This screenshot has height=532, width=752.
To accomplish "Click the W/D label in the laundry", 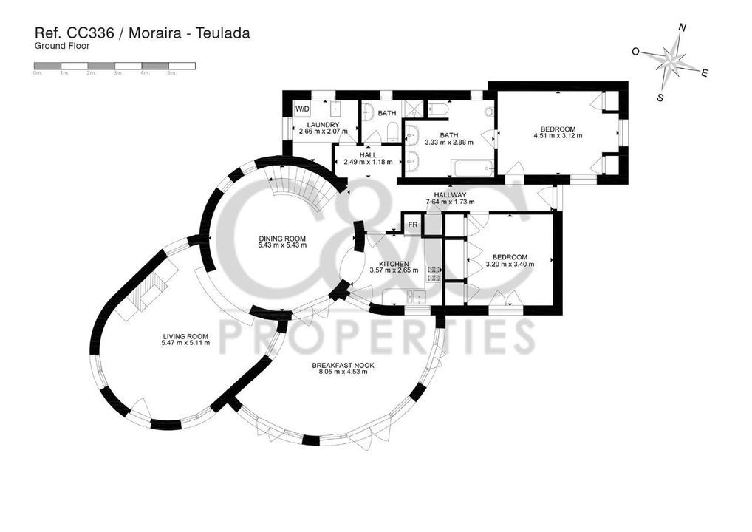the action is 301,109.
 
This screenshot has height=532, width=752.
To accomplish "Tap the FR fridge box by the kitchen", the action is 412,225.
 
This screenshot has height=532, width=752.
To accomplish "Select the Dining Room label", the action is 282,239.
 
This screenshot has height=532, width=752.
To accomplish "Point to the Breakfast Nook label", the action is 343,366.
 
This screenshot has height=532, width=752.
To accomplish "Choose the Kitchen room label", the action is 394,264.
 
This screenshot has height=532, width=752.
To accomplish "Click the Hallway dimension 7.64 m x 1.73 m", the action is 450,202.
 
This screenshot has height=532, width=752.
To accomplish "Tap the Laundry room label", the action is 323,125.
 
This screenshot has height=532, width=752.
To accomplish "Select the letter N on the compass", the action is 682,28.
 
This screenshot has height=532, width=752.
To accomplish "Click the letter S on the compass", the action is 660,98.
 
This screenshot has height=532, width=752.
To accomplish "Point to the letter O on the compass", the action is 635,52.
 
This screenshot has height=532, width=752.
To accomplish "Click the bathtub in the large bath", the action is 472,168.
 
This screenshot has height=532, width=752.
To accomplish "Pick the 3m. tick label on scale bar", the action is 118,73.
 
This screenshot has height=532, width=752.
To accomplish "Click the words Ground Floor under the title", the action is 62,47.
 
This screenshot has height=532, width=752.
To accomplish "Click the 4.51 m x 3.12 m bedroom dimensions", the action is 558,136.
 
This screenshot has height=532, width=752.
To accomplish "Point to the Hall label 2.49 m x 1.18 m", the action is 368,159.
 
